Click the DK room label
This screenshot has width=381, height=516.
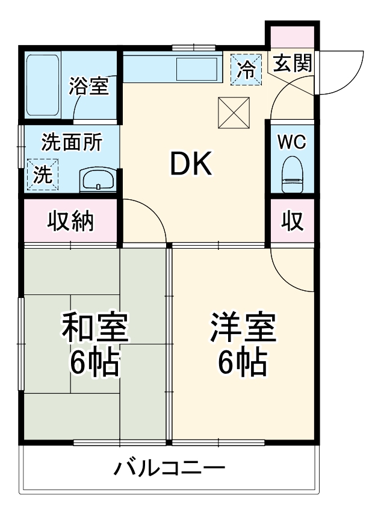(x=191, y=164)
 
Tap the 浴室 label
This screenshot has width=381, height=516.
(x=88, y=86)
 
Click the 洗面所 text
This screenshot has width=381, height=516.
(x=71, y=143)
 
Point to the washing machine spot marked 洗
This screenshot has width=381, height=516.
(x=42, y=175)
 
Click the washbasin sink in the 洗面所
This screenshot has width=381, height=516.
(x=98, y=179)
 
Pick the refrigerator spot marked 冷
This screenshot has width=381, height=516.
(x=246, y=69)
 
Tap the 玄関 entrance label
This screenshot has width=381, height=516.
(x=293, y=63)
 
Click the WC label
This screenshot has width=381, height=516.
(x=293, y=143)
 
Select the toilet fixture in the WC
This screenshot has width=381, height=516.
(x=293, y=175)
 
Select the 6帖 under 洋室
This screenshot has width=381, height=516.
(x=243, y=361)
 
